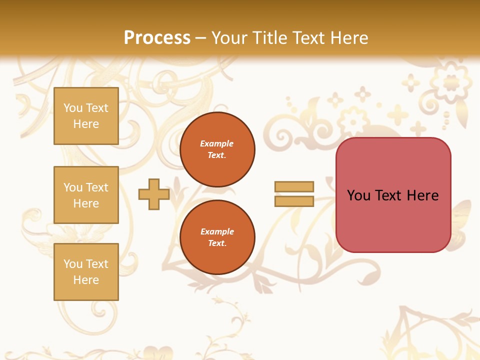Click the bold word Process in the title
coord(157,37)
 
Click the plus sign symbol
coord(154,194)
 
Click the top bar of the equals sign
coord(294,186)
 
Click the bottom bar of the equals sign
coord(294,201)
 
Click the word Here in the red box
coord(422,195)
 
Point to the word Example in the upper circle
coord(217,143)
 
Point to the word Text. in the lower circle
coord(217,243)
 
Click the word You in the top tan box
coord(73,108)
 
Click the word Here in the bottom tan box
coord(86,280)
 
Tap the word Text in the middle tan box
coord(97,187)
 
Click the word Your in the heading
coord(228,37)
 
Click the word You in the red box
coord(358,195)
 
